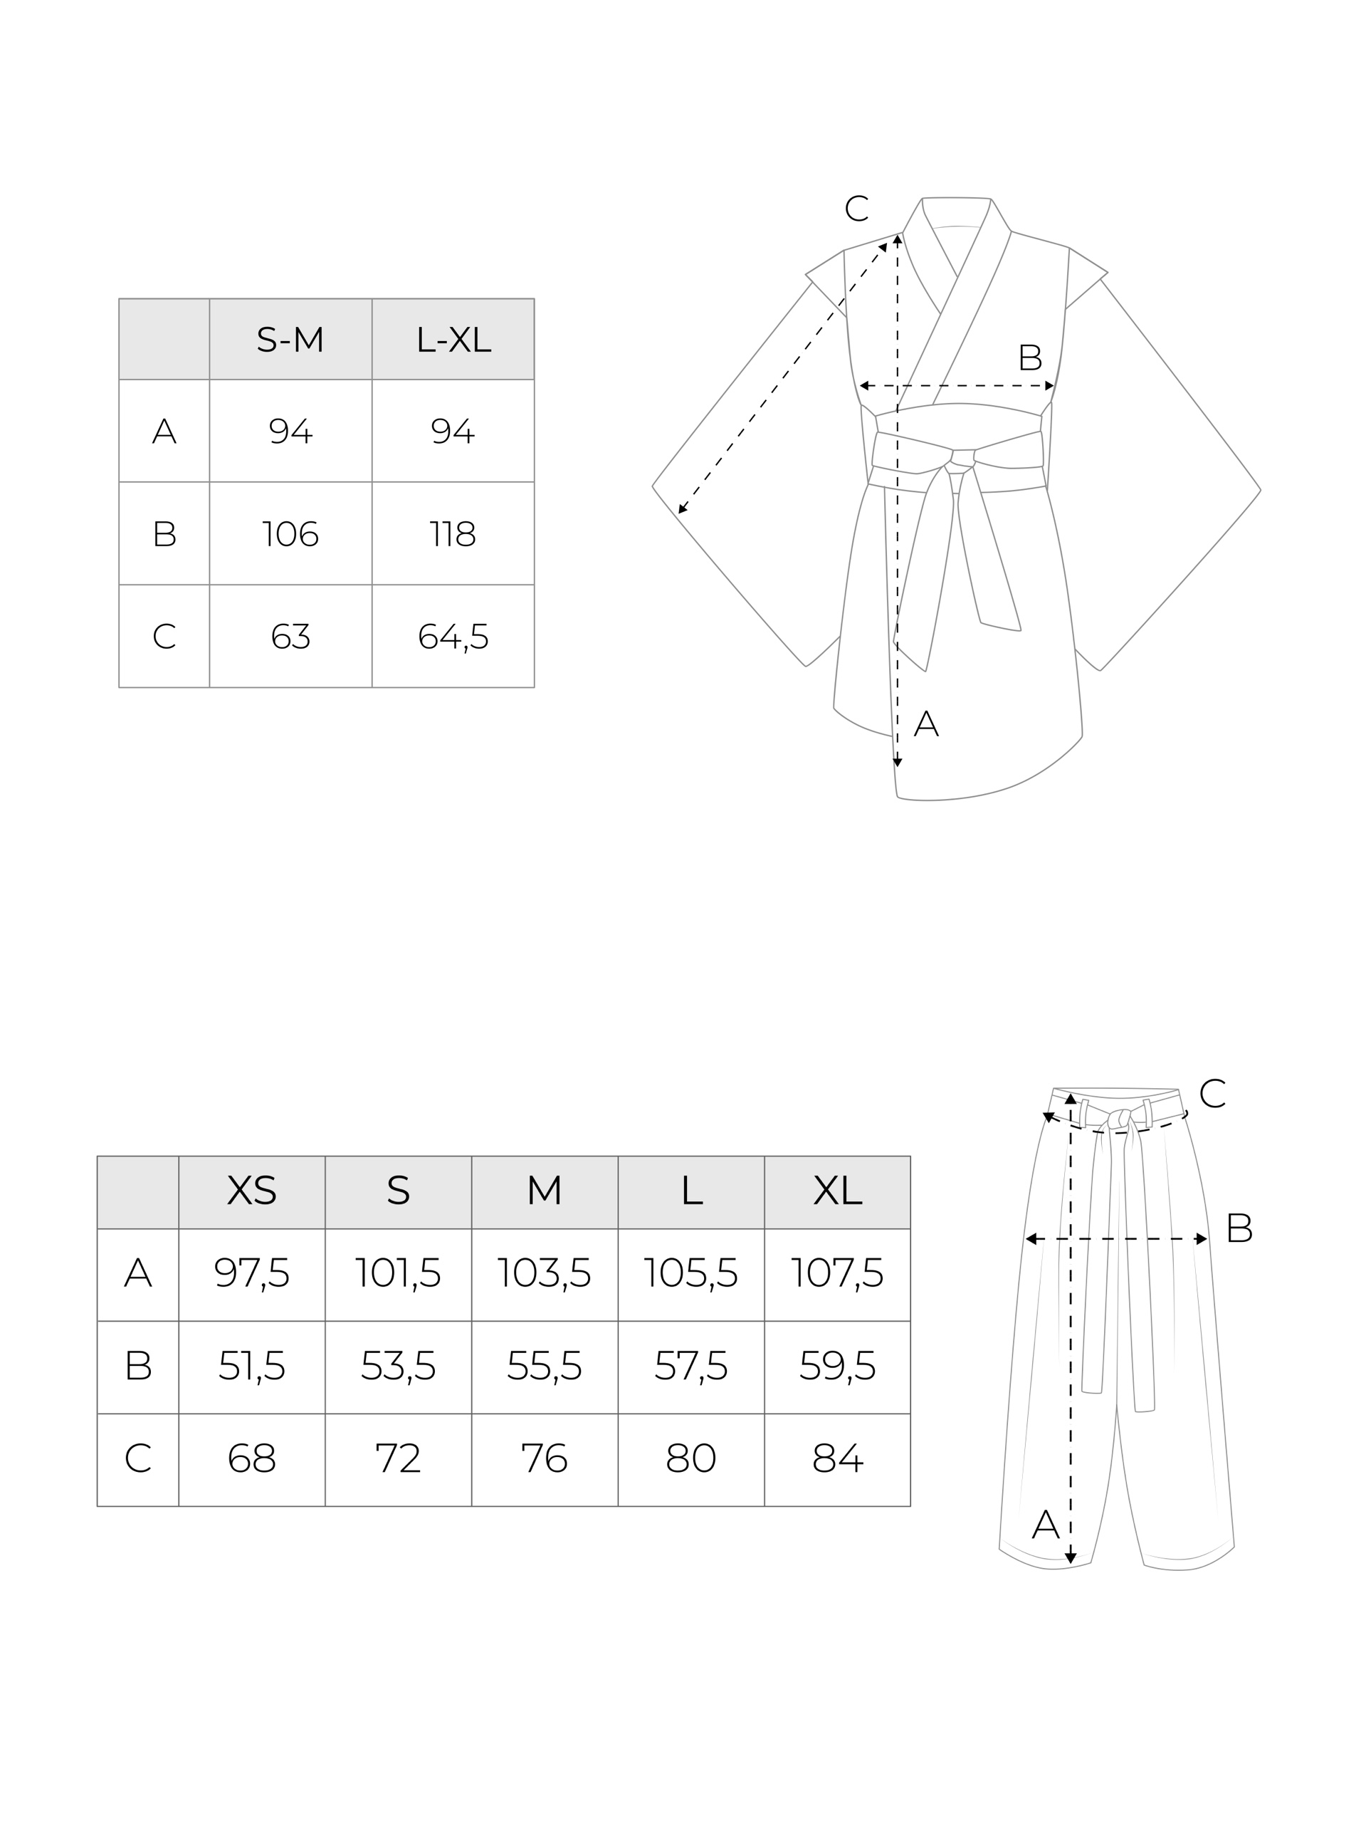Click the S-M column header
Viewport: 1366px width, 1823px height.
coord(290,340)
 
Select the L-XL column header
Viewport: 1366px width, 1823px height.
coord(453,340)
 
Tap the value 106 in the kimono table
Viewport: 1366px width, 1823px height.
coord(290,534)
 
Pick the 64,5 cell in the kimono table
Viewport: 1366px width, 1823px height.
coord(453,636)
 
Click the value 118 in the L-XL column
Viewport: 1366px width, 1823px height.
coord(453,534)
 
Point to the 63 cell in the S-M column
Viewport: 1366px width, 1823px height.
coord(290,636)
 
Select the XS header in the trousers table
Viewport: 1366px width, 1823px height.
coord(251,1190)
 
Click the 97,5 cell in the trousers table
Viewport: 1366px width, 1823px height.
coord(251,1273)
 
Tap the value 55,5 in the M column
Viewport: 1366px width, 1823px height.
coord(544,1366)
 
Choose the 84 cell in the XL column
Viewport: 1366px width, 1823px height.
coord(837,1458)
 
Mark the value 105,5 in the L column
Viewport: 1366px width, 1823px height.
coord(690,1273)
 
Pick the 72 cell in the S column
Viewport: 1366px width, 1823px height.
coord(398,1458)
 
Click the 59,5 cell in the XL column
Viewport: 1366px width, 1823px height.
coord(837,1366)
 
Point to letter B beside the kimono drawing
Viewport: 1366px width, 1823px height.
coord(1030,357)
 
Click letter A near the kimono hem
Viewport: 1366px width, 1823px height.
coord(926,724)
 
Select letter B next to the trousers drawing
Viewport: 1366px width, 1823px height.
coord(1239,1229)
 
